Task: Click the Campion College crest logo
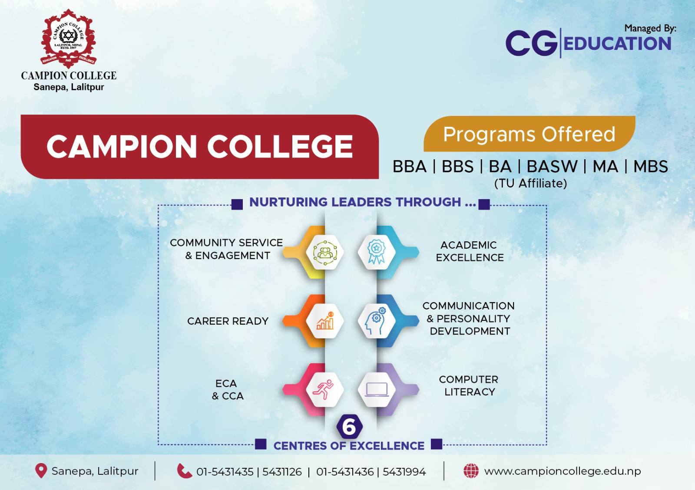click(68, 38)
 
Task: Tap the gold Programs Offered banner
click(529, 134)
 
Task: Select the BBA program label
click(409, 167)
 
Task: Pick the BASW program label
click(552, 167)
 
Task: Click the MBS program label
click(650, 167)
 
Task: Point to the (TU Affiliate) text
click(530, 184)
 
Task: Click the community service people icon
click(325, 252)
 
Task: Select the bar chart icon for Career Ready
click(325, 321)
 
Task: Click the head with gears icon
click(376, 321)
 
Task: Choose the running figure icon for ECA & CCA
click(324, 389)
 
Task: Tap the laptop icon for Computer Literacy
click(377, 389)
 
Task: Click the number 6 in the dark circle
click(349, 427)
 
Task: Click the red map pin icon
click(41, 471)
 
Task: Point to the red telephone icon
click(184, 471)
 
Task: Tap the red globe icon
click(471, 471)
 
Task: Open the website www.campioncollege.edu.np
click(563, 471)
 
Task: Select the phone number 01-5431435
click(225, 472)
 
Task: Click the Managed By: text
click(650, 28)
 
